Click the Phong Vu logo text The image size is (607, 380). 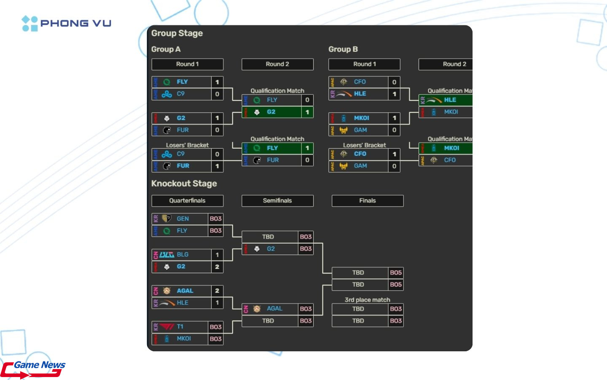pos(76,23)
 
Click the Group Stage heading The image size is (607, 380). pos(177,33)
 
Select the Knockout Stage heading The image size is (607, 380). pos(184,184)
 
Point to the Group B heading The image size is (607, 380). pos(343,49)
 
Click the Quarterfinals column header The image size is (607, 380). pos(187,201)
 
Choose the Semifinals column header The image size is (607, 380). pos(277,201)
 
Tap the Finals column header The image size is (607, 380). pos(368,201)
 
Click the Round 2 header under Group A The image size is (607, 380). pos(277,64)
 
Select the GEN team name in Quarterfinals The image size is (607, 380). pos(183,219)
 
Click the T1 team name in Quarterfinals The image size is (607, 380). pos(180,327)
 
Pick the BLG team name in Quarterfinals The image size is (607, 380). pos(183,255)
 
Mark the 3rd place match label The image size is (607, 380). pos(368,300)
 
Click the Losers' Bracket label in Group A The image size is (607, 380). pos(187,145)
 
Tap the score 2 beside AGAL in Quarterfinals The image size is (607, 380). pos(217,290)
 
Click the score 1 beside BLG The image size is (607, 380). pos(217,255)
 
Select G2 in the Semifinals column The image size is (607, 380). pos(271,249)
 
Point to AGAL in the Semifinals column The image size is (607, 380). pos(274,309)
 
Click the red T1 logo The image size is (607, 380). pos(167,327)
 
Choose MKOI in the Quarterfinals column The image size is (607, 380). pos(184,339)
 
